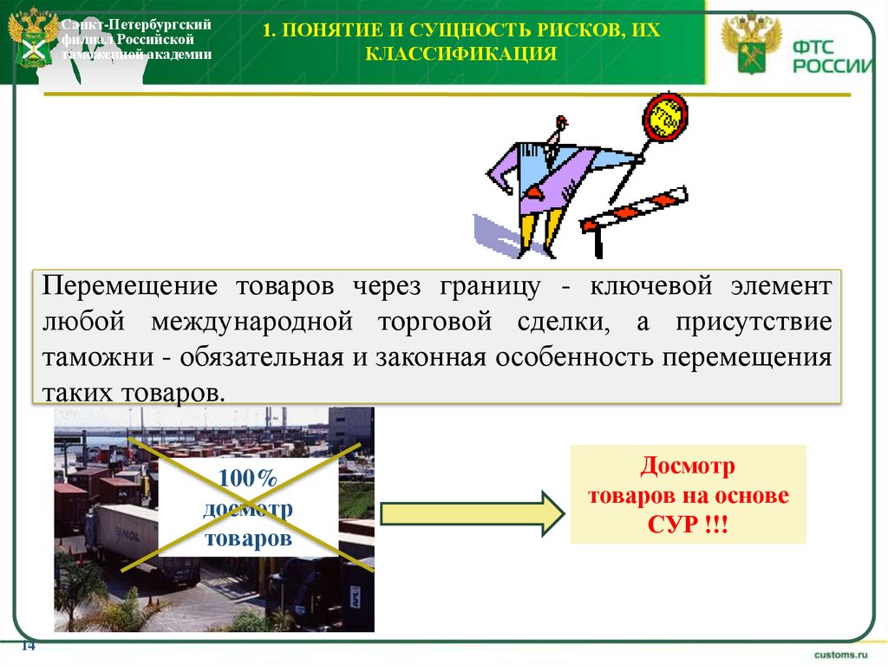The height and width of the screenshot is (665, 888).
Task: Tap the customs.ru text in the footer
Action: (840, 652)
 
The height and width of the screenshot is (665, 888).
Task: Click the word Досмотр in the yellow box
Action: (688, 466)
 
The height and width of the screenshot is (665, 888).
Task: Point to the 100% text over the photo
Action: (247, 478)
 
